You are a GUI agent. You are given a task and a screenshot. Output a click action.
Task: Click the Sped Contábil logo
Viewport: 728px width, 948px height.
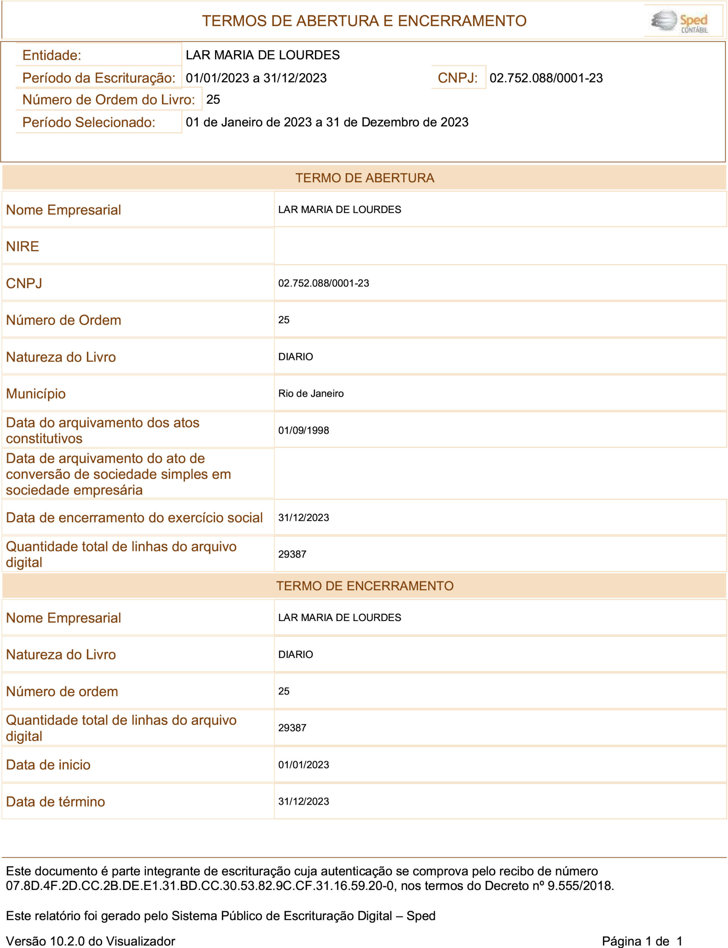[x=679, y=21]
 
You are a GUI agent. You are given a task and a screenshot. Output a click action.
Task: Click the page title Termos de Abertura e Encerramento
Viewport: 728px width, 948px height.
[x=364, y=21]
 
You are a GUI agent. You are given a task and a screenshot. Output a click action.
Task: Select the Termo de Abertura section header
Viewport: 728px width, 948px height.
[x=365, y=178]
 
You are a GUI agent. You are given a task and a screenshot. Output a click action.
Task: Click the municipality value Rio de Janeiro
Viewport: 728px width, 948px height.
[x=311, y=394]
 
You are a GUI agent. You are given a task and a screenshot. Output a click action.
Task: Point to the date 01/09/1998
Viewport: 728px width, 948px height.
[x=303, y=430]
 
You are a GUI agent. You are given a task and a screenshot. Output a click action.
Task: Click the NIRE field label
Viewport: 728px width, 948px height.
[x=23, y=246]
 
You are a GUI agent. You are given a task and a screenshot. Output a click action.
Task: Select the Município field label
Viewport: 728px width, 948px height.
[x=36, y=394]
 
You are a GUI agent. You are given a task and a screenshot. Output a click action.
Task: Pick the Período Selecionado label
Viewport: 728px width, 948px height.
[x=88, y=122]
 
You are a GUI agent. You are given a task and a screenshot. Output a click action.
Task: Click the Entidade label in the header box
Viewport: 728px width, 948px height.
[x=51, y=55]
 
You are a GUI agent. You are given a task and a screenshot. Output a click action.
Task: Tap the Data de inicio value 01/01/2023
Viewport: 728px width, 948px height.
[x=303, y=765]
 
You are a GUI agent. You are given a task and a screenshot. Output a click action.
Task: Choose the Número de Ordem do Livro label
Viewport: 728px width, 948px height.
[x=108, y=100]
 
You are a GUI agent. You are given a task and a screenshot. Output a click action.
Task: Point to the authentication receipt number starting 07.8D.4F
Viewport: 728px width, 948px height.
[x=200, y=885]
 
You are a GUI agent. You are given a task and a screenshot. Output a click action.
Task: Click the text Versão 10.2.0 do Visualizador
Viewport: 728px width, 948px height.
[x=90, y=941]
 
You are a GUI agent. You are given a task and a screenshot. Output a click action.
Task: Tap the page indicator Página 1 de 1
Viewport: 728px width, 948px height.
[x=642, y=941]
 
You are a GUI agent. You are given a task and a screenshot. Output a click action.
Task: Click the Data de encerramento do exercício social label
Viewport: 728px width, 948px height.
[x=134, y=518]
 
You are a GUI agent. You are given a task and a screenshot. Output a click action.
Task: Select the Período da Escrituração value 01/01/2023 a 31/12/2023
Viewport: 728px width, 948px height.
[x=256, y=78]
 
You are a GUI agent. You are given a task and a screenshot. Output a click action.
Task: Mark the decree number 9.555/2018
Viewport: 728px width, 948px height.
[x=580, y=885]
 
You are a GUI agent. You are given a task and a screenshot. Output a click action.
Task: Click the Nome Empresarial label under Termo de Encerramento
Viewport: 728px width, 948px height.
[x=63, y=618]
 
